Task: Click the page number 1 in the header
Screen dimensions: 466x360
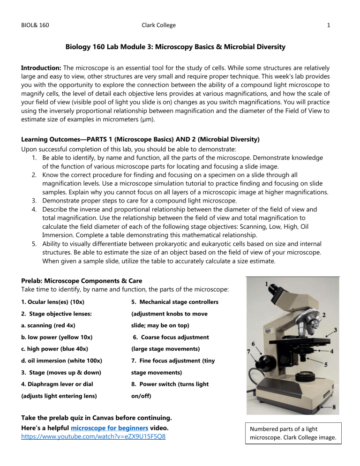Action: (330, 25)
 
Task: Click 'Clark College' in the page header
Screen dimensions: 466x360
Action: (159, 25)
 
